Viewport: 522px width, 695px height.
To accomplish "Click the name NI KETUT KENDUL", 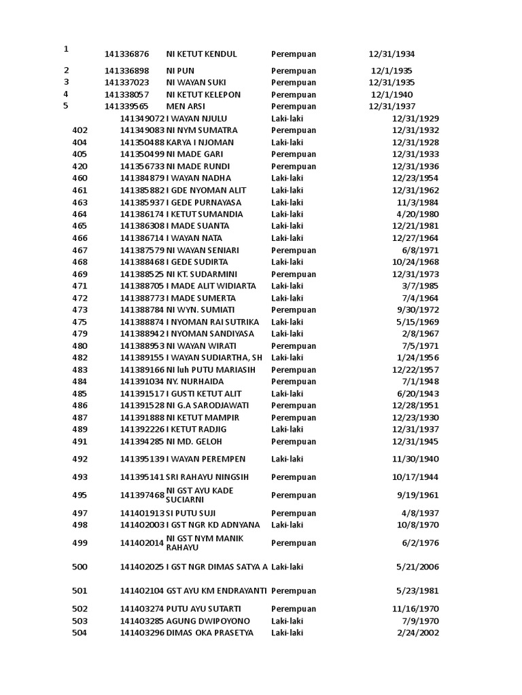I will [x=201, y=54].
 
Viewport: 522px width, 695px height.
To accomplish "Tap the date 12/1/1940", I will [x=391, y=95].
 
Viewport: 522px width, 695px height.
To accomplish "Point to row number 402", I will [x=80, y=130].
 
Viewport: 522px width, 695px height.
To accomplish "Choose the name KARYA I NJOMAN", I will [x=200, y=143].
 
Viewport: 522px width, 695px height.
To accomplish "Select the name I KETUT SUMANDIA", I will [x=205, y=214].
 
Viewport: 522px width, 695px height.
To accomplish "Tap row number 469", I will [x=80, y=274].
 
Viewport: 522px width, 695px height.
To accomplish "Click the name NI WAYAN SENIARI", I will [x=203, y=250].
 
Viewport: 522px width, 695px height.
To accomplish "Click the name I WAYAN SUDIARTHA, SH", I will [x=214, y=358].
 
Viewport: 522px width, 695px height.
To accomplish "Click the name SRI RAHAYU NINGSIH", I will [x=208, y=477].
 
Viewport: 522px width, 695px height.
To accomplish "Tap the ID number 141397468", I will [x=142, y=495].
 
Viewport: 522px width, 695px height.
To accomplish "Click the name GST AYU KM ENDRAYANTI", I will [x=216, y=591].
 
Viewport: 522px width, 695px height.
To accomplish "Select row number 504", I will [x=80, y=633].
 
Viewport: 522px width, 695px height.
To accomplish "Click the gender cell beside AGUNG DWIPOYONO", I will [x=287, y=621].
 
